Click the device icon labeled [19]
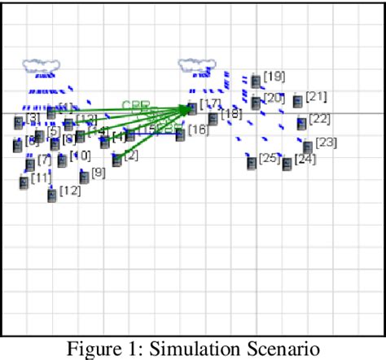(256, 81)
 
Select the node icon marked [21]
(298, 102)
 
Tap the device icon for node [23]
(308, 147)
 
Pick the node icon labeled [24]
(287, 165)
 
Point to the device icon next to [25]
(252, 162)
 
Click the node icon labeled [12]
(52, 195)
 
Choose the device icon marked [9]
(84, 177)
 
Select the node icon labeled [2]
(117, 160)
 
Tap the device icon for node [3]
(19, 123)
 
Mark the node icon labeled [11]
(23, 182)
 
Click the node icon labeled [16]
(180, 133)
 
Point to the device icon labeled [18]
(213, 119)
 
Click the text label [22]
(320, 119)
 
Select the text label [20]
(274, 99)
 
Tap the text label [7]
(44, 159)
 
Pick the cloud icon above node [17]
(192, 64)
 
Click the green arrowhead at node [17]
(188, 107)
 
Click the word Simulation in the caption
(195, 349)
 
